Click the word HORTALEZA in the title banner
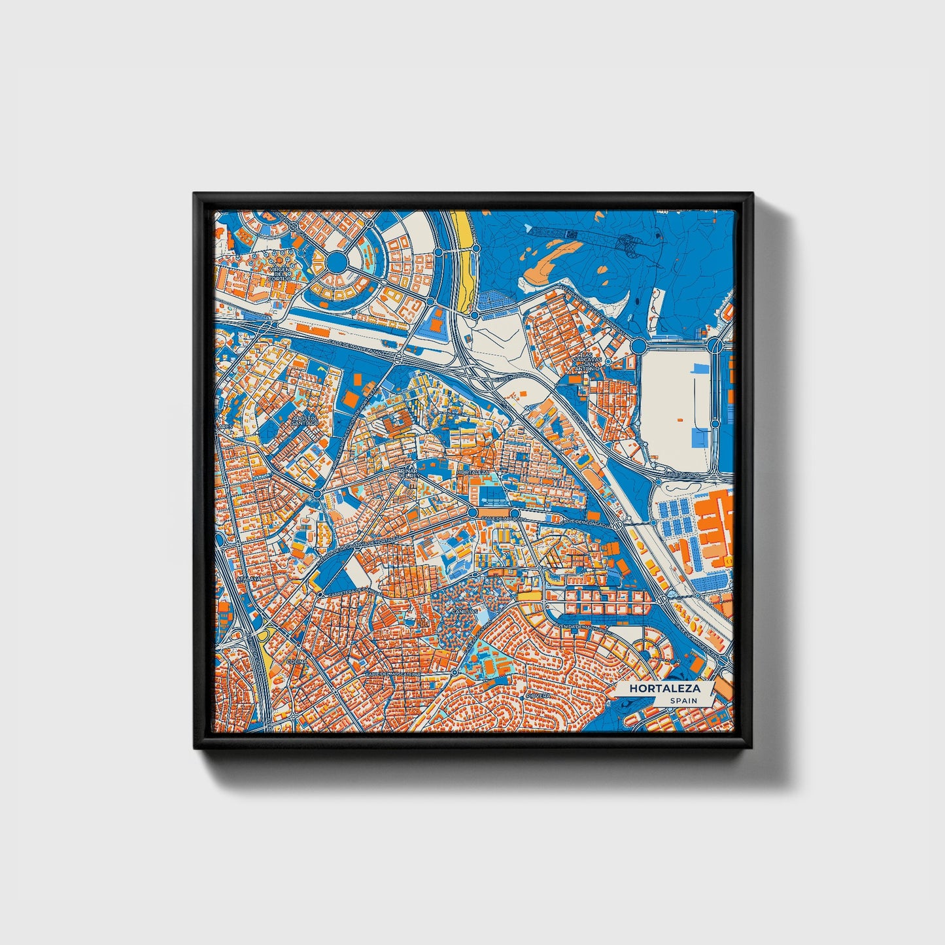[664, 689]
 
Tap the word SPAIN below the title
[683, 700]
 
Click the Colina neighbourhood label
[296, 662]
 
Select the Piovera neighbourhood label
[539, 695]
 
